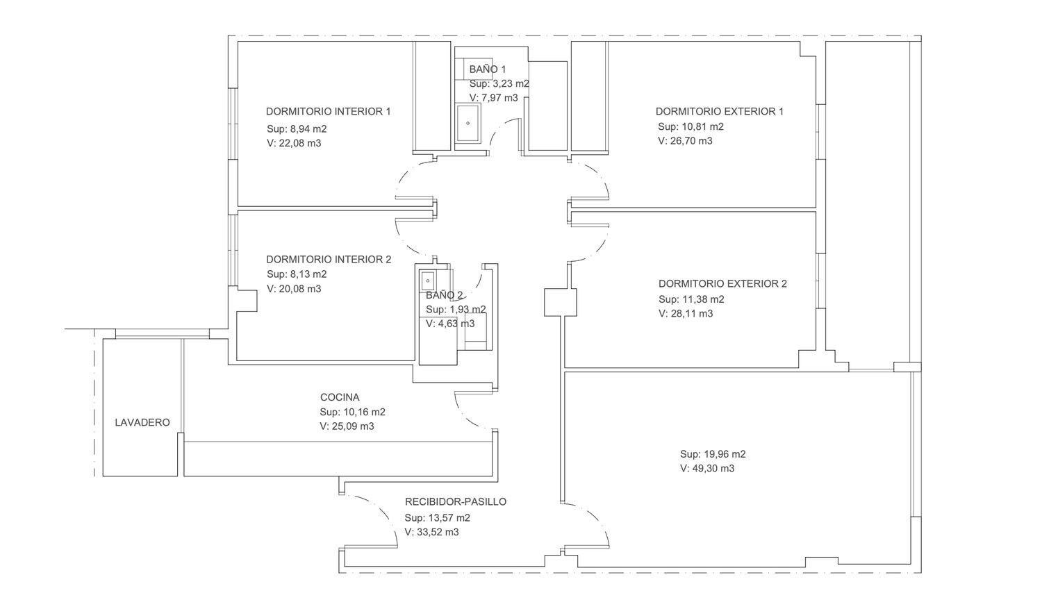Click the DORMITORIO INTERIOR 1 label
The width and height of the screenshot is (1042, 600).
(328, 112)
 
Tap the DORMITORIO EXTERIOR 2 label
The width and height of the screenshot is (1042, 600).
(722, 284)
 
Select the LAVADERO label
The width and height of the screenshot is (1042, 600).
(142, 422)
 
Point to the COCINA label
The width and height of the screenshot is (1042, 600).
(340, 397)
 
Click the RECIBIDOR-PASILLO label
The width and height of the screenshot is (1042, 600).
(456, 502)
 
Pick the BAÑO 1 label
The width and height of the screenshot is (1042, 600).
(487, 69)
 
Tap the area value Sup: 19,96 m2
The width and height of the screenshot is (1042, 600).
(713, 454)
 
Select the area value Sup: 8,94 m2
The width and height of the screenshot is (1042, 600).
(297, 129)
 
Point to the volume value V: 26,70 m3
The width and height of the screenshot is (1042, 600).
(685, 141)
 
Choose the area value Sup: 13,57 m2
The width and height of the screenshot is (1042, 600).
(437, 517)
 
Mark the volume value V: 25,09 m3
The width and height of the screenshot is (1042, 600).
(347, 426)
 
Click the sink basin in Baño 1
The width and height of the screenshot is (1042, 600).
(468, 123)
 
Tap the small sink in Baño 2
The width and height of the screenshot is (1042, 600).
(427, 281)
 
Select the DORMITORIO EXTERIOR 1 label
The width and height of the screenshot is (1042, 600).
(720, 112)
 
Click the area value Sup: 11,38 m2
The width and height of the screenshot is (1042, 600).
(691, 299)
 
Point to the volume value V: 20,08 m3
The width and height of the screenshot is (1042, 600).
(294, 289)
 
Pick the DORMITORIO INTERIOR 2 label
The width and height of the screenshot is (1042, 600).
(329, 260)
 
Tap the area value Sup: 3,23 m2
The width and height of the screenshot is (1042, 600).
(499, 84)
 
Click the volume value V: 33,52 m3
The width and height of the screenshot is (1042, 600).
(431, 532)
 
